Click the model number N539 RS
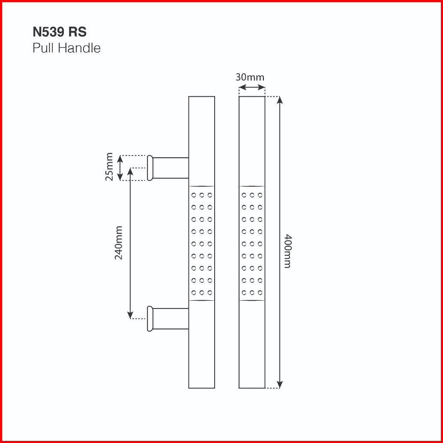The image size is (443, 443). coord(60,32)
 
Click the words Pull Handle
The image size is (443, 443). coord(67,48)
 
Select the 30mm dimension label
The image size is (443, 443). coord(250,77)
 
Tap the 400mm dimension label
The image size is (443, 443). coord(287,251)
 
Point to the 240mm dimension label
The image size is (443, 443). coord(118,242)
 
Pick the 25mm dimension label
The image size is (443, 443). coord(109,167)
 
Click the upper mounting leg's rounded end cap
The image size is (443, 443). coord(150,168)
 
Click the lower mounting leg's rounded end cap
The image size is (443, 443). coord(150,319)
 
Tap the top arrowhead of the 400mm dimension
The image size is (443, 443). coord(280,100)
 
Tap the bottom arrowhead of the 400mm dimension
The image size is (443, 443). coord(280,384)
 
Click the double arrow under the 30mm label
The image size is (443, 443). coord(252,87)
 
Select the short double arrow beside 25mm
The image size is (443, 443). coord(120,168)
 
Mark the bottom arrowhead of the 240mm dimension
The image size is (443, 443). coord(130,315)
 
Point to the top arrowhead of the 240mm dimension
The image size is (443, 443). coord(130,171)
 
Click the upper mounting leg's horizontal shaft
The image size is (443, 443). coord(171,168)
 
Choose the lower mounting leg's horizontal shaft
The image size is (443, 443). coord(171,319)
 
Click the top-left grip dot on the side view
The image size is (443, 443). coord(194,195)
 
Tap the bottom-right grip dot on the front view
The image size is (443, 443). coord(260,293)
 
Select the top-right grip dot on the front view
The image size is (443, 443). coord(260,195)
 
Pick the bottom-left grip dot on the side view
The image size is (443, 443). coord(194,293)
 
